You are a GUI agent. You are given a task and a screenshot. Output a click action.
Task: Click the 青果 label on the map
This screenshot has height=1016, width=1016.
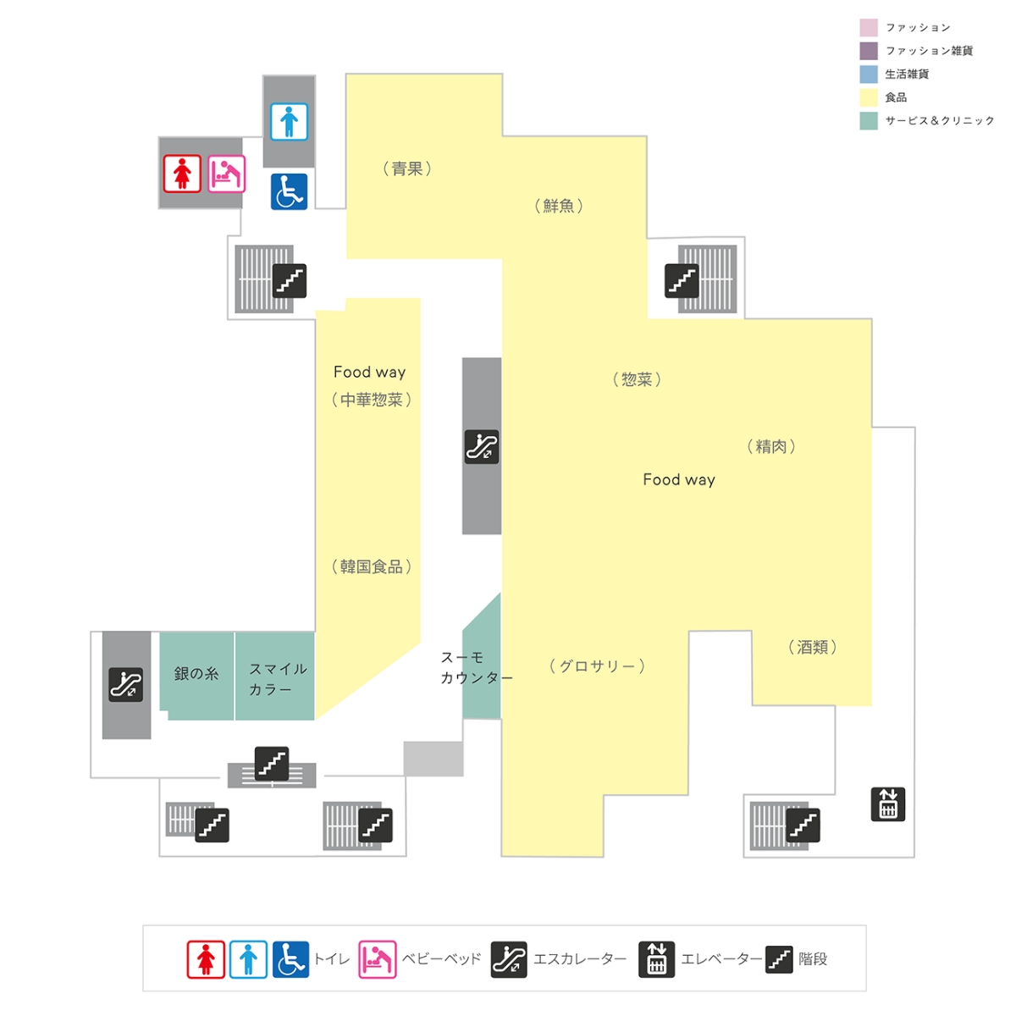click(x=406, y=168)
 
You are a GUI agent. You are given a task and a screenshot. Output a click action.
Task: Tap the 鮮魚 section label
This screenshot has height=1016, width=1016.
click(x=558, y=206)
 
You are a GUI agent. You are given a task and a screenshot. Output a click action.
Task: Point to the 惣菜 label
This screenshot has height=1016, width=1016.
click(x=637, y=379)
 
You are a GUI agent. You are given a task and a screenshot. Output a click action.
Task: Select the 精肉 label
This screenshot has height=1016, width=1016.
click(x=770, y=446)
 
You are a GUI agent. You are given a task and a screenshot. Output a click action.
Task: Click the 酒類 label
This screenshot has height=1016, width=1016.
click(x=812, y=647)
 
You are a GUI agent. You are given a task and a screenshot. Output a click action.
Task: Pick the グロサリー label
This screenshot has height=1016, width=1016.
click(x=597, y=666)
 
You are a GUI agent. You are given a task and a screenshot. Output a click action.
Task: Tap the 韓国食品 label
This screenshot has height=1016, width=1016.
click(x=371, y=566)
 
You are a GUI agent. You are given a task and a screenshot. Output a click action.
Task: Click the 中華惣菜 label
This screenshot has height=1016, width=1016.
click(x=371, y=400)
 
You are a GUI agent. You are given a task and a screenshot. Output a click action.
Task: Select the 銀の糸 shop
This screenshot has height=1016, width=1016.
click(x=196, y=673)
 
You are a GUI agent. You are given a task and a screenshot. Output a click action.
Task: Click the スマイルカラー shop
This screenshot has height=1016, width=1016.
click(x=278, y=679)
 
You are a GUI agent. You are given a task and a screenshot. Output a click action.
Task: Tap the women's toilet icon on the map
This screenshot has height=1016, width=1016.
click(x=182, y=174)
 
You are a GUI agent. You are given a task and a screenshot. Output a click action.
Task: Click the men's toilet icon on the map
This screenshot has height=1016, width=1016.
click(x=289, y=122)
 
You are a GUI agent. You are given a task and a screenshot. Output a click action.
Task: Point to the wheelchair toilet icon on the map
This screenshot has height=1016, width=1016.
click(x=289, y=192)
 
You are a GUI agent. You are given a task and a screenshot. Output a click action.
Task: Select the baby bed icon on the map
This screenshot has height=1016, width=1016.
click(x=226, y=174)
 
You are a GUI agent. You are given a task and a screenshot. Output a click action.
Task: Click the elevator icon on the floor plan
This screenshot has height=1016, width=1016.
click(x=888, y=804)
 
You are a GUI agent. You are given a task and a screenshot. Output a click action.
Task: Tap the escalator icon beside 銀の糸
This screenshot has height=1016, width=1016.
click(x=125, y=684)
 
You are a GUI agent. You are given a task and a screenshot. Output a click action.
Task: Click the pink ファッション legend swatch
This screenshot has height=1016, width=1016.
click(x=869, y=27)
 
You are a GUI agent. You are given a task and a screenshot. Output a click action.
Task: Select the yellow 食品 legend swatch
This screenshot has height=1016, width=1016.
click(x=869, y=97)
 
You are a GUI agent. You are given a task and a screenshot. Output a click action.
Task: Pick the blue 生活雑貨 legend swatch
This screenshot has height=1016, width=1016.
click(x=869, y=75)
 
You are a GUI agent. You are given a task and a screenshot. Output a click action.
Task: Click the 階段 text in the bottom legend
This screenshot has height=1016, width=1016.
click(x=813, y=958)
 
